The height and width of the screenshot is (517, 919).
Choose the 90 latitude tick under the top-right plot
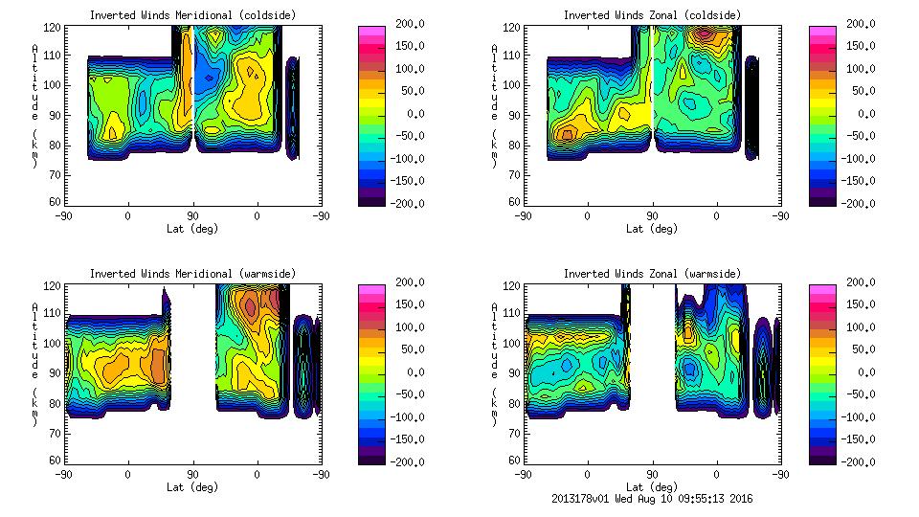coord(653,215)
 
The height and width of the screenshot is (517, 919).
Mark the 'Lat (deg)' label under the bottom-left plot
coord(192,486)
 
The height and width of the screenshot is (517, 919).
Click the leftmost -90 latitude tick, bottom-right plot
coord(523,474)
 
